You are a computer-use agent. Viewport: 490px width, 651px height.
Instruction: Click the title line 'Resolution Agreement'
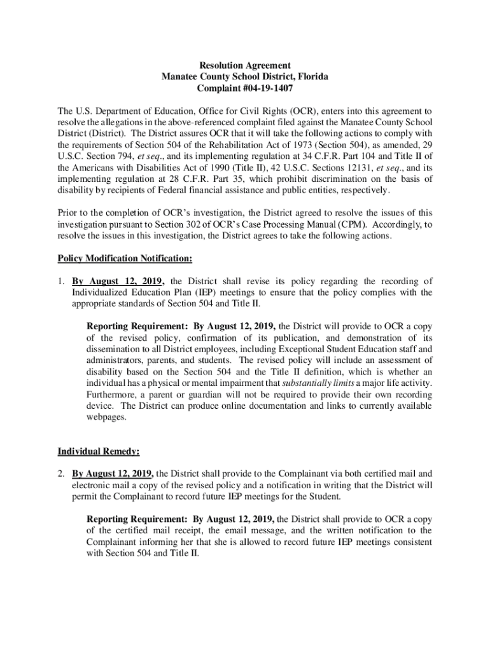tap(245, 65)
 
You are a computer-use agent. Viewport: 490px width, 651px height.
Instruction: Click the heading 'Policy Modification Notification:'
tap(125, 259)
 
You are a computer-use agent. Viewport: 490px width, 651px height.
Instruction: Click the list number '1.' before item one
tap(62, 281)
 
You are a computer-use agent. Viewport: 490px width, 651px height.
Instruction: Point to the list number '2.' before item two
tap(62, 474)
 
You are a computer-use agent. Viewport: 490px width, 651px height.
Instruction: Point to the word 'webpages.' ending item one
tap(106, 418)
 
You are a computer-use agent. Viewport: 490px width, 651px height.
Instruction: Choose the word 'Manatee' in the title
tap(180, 77)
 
